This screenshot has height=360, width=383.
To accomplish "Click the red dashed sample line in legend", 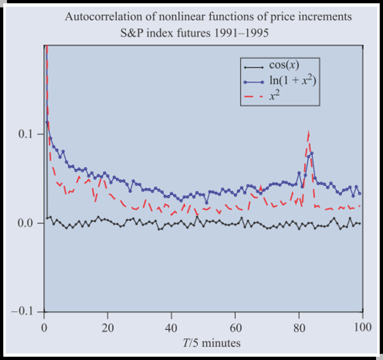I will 255,97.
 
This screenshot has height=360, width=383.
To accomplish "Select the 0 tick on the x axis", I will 44,327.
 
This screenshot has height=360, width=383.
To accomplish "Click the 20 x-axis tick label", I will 108,327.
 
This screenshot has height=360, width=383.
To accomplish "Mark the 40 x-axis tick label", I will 171,327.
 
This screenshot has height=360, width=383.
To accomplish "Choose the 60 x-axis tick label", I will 235,327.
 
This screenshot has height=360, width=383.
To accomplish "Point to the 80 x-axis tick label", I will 299,327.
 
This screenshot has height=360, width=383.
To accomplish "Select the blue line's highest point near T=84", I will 312,153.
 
